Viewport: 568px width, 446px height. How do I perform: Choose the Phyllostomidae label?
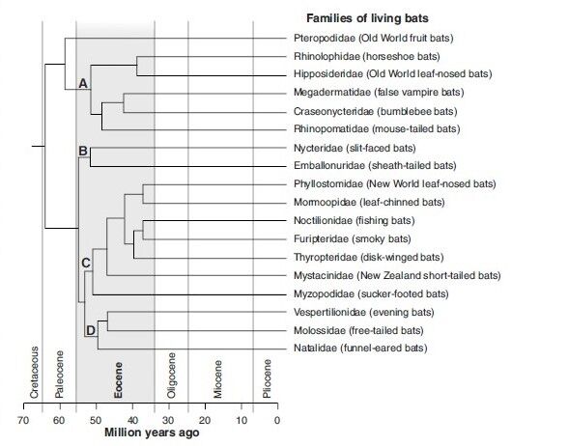pyautogui.click(x=393, y=183)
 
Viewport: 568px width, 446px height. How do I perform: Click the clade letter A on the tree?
pyautogui.click(x=83, y=85)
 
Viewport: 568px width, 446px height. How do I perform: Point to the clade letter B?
pyautogui.click(x=83, y=151)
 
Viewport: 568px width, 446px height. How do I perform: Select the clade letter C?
pyautogui.click(x=85, y=263)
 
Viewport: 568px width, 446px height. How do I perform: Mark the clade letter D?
pyautogui.click(x=90, y=331)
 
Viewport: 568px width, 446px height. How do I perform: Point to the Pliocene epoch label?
pyautogui.click(x=266, y=378)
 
